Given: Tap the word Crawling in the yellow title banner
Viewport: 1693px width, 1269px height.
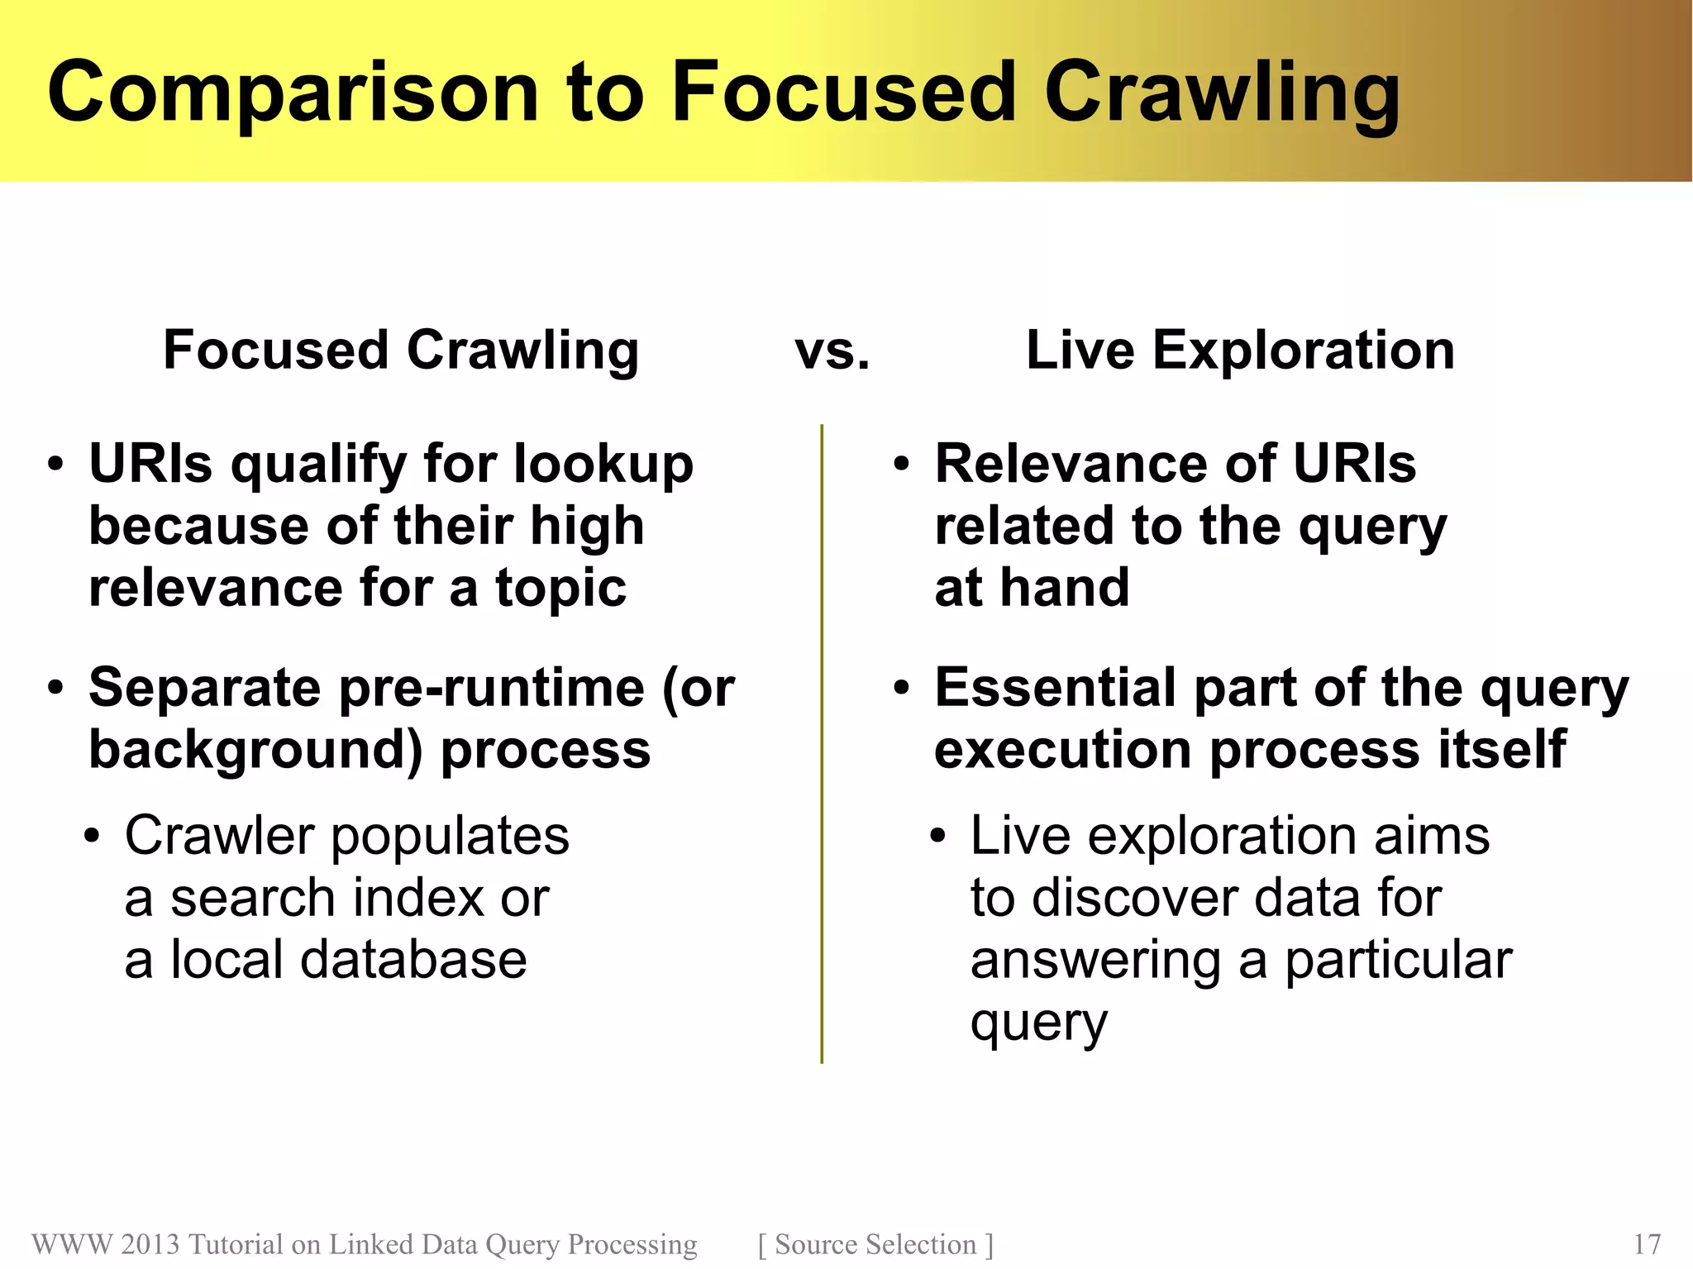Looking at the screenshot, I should coord(1221,93).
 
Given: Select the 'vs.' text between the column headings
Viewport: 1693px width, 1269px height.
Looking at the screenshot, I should coord(832,351).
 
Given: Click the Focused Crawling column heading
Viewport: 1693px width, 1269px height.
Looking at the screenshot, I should coord(401,351).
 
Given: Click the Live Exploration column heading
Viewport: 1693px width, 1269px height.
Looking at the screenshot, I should coord(1240,351).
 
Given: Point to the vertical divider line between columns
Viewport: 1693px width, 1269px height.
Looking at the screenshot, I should coord(822,744).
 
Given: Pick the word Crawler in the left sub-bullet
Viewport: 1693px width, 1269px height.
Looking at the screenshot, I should coord(220,836).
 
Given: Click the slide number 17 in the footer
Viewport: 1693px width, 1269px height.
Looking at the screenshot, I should coord(1647,1244).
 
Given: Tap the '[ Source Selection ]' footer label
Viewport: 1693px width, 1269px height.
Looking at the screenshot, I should coord(875,1244).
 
